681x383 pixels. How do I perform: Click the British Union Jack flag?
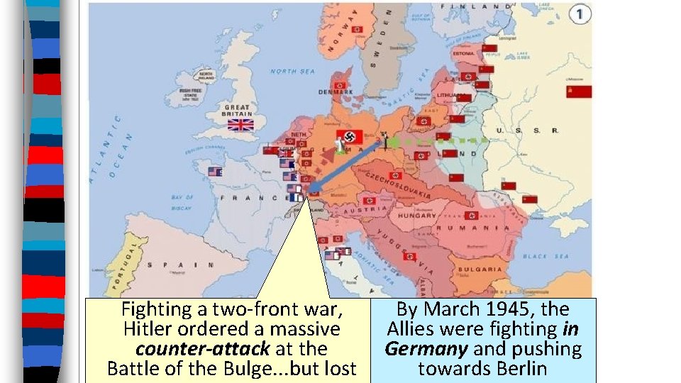click(x=240, y=125)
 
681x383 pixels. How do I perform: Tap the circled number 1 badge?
click(x=581, y=14)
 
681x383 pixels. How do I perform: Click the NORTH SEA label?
click(x=292, y=72)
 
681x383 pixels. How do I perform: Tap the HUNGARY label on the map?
click(x=418, y=216)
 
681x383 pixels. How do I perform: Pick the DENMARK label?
click(x=335, y=92)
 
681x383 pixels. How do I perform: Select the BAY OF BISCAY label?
click(x=182, y=201)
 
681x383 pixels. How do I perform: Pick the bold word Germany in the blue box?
click(x=426, y=349)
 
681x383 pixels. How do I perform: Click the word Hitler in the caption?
click(x=150, y=329)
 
